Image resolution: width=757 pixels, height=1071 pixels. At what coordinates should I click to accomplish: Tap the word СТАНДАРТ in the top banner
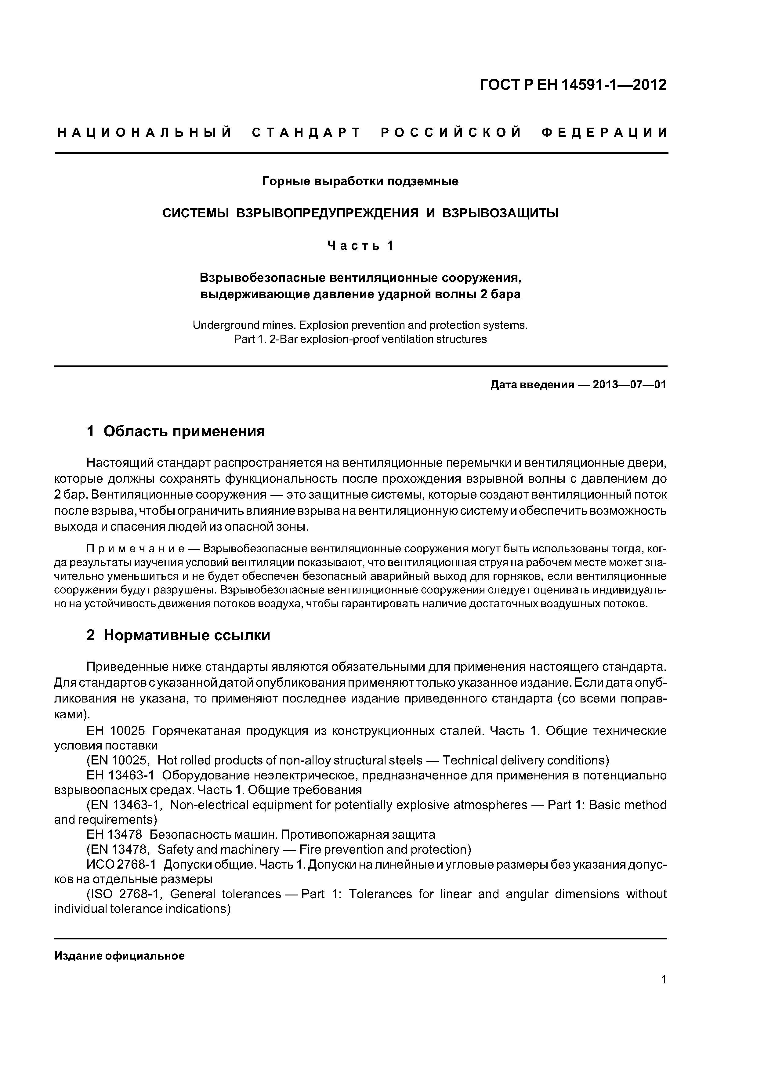click(x=306, y=133)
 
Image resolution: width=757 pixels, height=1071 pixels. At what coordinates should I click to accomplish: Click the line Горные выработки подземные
click(x=360, y=181)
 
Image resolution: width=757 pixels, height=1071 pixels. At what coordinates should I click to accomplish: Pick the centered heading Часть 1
click(x=360, y=245)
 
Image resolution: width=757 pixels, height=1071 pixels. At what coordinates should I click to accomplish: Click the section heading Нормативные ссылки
click(x=187, y=635)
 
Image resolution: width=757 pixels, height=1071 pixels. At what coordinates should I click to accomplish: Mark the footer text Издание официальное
click(x=119, y=956)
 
